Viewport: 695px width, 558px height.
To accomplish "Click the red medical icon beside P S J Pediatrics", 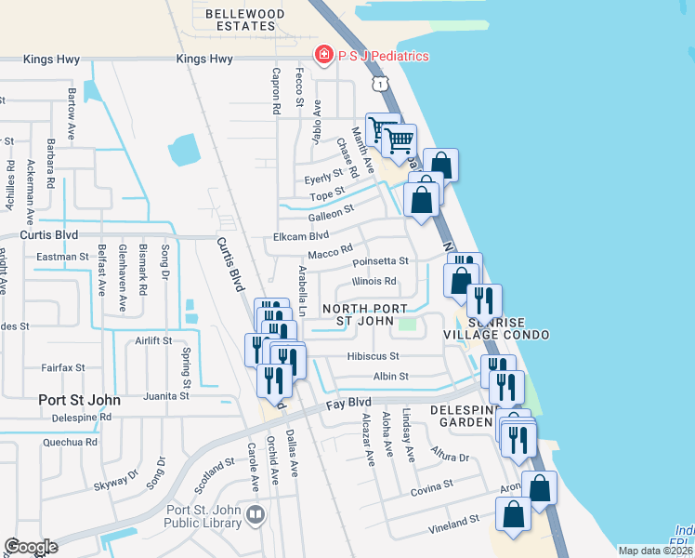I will (x=323, y=56).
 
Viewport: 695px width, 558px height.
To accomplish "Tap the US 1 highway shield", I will (x=379, y=85).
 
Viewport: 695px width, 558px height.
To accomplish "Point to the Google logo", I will (x=31, y=547).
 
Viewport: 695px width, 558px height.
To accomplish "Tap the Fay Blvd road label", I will (x=350, y=403).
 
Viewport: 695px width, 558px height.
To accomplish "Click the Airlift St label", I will (x=152, y=341).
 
